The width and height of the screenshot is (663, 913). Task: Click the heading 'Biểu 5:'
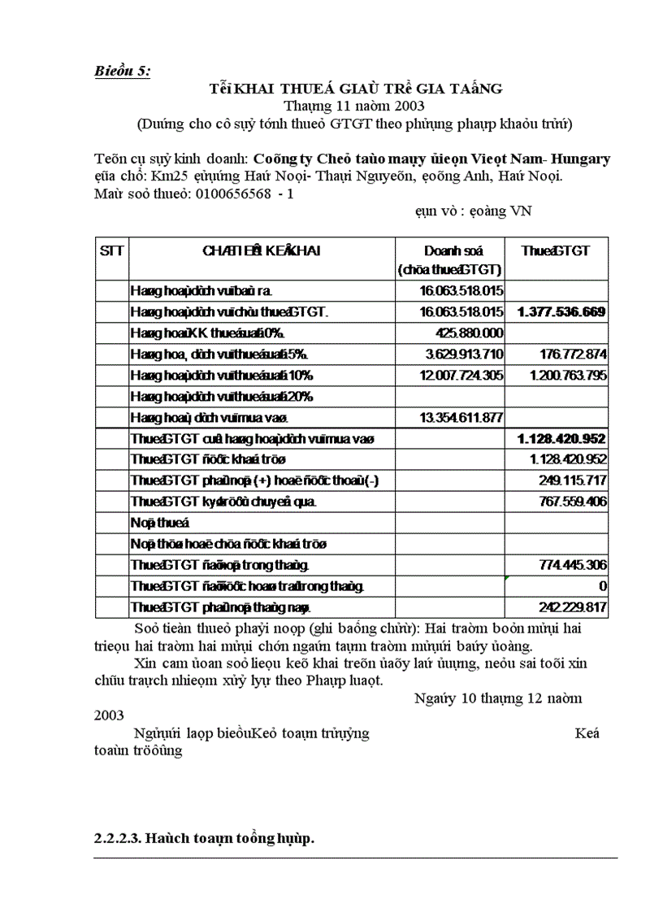122,71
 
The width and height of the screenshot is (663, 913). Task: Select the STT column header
111,251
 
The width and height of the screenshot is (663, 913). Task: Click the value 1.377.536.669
561,311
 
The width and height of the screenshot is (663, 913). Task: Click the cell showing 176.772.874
573,354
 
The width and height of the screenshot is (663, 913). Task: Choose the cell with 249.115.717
573,480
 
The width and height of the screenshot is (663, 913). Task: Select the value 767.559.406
573,502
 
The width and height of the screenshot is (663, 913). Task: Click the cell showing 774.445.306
573,564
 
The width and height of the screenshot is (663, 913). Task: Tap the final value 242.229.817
573,606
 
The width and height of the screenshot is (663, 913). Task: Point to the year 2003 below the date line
109,715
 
